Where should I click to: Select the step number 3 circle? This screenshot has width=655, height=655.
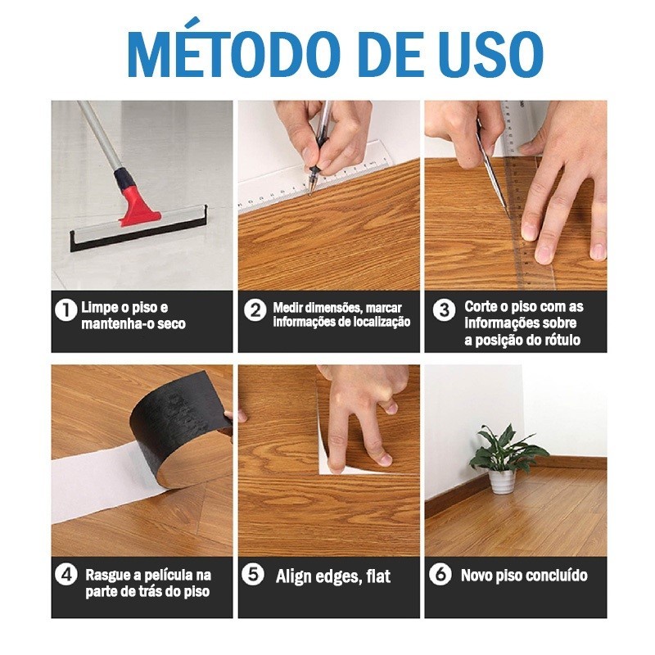(444, 310)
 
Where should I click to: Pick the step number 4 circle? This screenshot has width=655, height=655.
(65, 575)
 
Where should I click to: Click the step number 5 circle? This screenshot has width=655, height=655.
(255, 575)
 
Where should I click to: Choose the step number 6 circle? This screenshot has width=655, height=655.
(441, 575)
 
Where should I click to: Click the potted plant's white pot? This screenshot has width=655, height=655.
(501, 481)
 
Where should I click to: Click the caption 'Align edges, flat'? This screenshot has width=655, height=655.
(333, 576)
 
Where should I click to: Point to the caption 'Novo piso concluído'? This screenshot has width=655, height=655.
(524, 576)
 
